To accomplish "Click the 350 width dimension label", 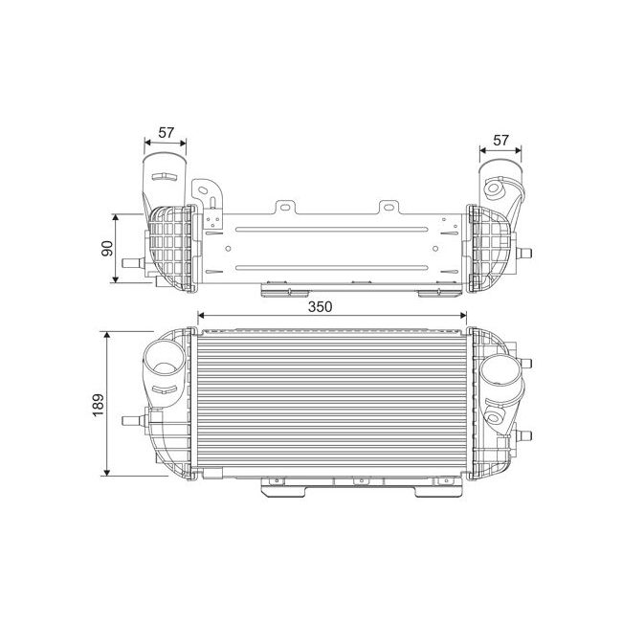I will [x=320, y=306].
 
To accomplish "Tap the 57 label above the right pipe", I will [x=500, y=141].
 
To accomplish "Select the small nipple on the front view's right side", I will [x=526, y=435].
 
